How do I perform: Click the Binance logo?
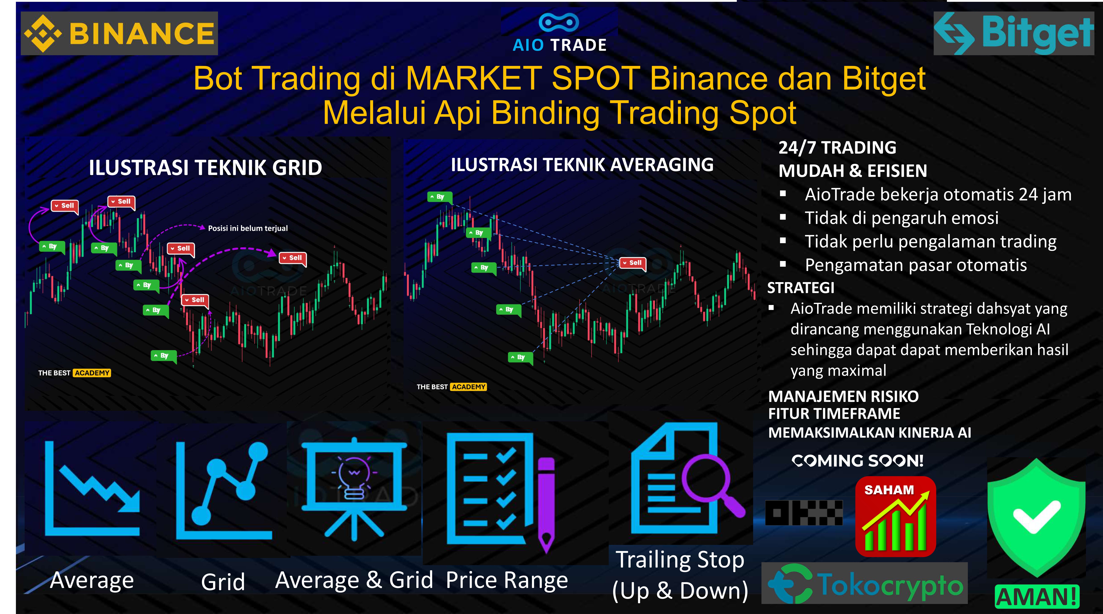coord(119,33)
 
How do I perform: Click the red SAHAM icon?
coord(895,516)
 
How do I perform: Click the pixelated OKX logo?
coord(804,513)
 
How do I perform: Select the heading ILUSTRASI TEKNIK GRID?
coord(206,168)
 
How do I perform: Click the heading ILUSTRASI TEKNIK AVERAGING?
coord(582,165)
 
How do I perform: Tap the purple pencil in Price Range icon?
coord(546,503)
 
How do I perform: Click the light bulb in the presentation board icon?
coord(354,476)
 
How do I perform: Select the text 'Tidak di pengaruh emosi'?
coord(901,218)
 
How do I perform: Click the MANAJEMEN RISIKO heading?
coord(843,396)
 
